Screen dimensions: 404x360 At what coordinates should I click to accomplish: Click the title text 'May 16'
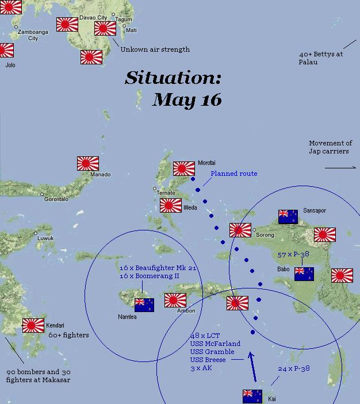pyautogui.click(x=187, y=99)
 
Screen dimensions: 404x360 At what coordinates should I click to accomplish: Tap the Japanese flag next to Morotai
pyautogui.click(x=184, y=168)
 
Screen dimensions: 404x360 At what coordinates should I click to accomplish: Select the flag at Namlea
pyautogui.click(x=144, y=305)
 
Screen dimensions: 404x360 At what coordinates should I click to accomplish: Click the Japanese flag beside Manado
pyautogui.click(x=88, y=163)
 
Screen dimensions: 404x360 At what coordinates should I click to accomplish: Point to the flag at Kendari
pyautogui.click(x=33, y=325)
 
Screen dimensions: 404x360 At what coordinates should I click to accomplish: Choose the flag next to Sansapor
pyautogui.click(x=288, y=216)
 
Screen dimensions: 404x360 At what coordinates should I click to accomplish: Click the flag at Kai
pyautogui.click(x=252, y=396)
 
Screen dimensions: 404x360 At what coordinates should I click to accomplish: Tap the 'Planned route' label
pyautogui.click(x=233, y=174)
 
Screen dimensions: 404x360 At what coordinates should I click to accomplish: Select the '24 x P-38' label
pyautogui.click(x=293, y=368)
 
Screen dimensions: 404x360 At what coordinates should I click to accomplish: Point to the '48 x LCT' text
pyautogui.click(x=204, y=336)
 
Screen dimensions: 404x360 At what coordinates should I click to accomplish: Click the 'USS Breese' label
pyautogui.click(x=208, y=360)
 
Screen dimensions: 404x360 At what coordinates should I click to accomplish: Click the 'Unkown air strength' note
pyautogui.click(x=155, y=49)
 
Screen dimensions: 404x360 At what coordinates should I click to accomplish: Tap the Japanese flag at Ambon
pyautogui.click(x=175, y=300)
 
